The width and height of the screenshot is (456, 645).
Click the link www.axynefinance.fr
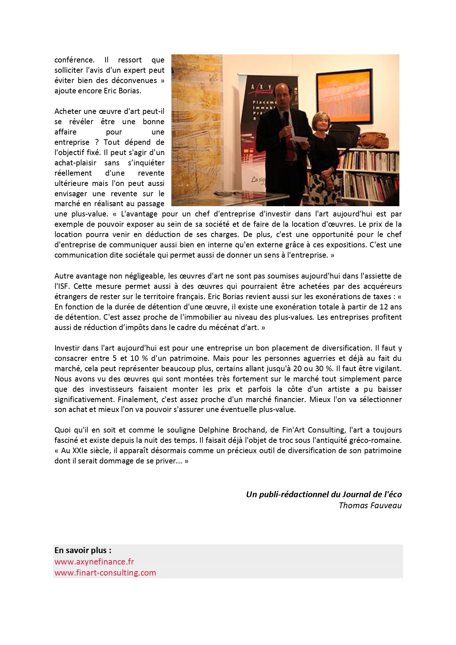94,562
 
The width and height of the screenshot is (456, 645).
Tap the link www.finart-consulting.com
105,573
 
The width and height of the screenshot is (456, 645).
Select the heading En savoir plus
83,550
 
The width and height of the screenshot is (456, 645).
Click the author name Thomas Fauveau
370,505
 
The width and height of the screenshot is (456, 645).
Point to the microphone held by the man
286,118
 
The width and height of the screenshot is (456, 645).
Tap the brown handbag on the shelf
373,140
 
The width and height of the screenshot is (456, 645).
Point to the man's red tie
290,140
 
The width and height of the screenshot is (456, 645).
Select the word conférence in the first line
74,60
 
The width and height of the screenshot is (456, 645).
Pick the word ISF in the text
62,286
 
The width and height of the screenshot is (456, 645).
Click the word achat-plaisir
75,163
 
